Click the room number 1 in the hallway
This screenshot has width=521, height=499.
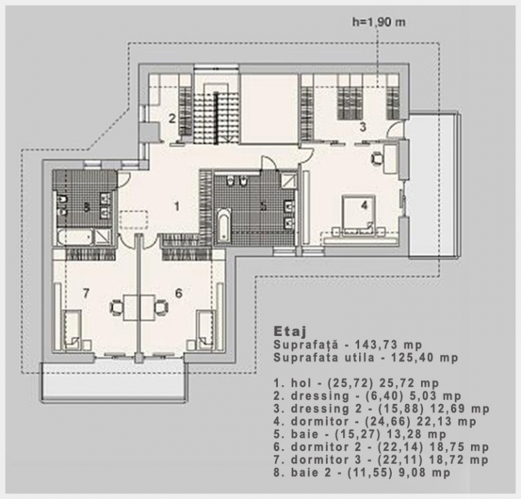(x=176, y=206)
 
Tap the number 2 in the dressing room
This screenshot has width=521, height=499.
(x=172, y=118)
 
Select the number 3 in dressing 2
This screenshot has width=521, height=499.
(x=363, y=126)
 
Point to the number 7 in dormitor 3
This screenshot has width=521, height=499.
(x=86, y=293)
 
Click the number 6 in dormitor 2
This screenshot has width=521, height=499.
(x=179, y=293)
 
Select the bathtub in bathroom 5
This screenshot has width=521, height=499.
(x=224, y=224)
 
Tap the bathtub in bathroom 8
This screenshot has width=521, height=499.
(x=75, y=237)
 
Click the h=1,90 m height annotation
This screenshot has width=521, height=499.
(x=379, y=22)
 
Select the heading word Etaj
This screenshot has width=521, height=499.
(x=290, y=331)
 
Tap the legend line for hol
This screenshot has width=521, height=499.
(x=356, y=383)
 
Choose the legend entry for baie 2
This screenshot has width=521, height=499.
(x=362, y=472)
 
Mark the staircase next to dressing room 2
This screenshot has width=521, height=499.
(x=216, y=113)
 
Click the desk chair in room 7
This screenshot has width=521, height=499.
(x=117, y=307)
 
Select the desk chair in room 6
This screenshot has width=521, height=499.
(x=161, y=307)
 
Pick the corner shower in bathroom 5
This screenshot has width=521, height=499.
(x=288, y=180)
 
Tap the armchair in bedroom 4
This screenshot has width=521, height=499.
(x=377, y=158)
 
